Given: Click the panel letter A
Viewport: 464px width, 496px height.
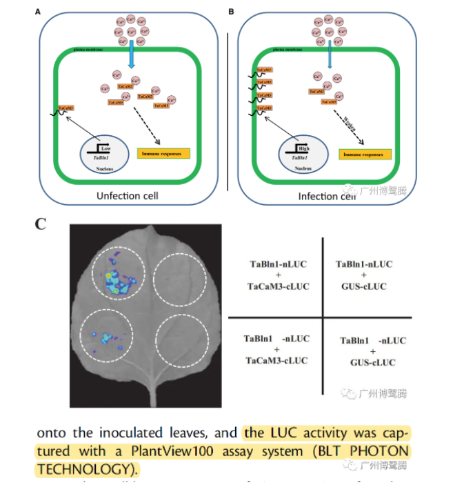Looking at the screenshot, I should click(38, 12).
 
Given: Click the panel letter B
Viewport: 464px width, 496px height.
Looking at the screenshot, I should click(231, 12).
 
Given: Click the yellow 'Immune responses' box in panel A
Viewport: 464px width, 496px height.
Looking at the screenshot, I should click(164, 154).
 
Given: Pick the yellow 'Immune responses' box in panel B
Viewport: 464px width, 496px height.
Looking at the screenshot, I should click(365, 154).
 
